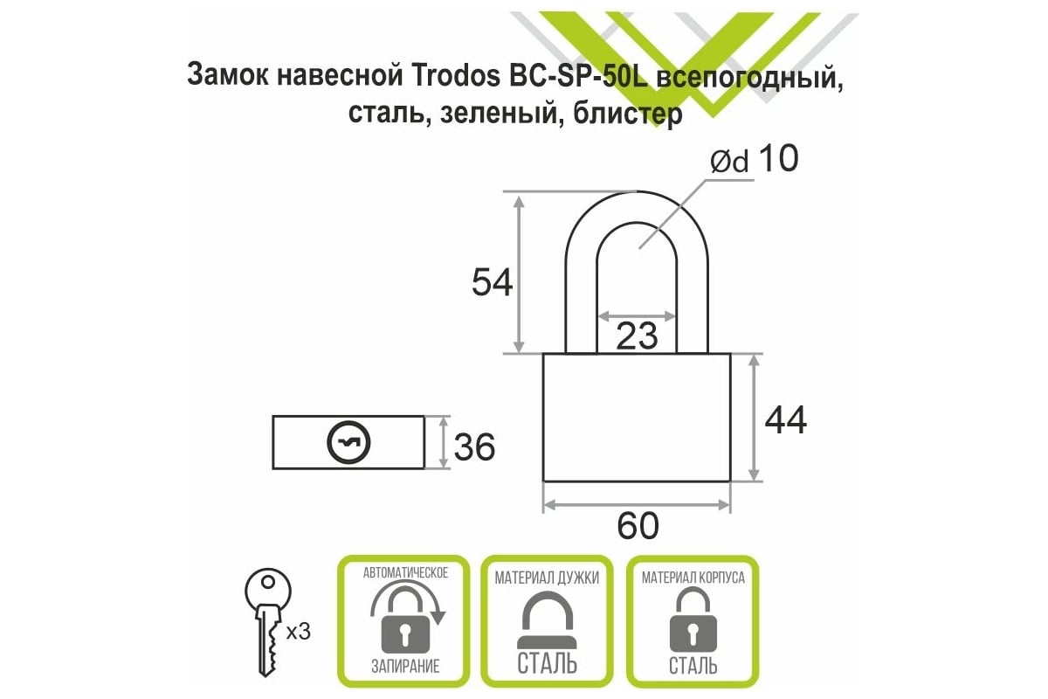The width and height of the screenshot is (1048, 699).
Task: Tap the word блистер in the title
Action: [627, 114]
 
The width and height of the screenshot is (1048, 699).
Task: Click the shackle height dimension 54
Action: [493, 282]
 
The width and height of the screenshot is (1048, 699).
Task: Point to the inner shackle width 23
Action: [637, 336]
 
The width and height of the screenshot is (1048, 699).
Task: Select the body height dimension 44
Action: [786, 420]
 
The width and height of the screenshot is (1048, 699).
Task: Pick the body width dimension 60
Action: [638, 526]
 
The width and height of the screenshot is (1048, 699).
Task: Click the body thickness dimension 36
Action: [474, 446]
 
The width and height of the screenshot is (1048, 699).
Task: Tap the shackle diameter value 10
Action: [778, 158]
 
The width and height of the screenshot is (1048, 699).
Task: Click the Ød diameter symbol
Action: [729, 162]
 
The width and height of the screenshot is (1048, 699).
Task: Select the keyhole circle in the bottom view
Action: [348, 442]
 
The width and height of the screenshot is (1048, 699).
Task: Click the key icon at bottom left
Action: [268, 623]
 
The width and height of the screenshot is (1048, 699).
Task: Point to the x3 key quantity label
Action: [299, 632]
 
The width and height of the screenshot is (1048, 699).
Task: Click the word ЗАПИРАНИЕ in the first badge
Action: [405, 666]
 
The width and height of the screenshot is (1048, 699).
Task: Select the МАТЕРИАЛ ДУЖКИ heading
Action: [547, 578]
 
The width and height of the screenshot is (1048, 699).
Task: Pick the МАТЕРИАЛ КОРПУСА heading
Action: [693, 578]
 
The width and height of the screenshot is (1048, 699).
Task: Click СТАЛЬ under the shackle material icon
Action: [547, 664]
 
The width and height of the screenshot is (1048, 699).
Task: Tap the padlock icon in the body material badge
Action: [693, 619]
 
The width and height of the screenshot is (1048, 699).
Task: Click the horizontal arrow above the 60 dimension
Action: [637, 504]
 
